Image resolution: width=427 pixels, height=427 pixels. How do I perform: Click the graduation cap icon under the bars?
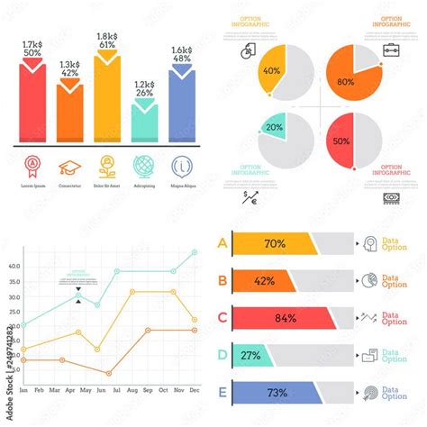[x=69, y=168]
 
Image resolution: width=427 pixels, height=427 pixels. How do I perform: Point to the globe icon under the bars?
[x=144, y=167]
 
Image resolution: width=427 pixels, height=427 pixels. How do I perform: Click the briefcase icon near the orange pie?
[x=392, y=49]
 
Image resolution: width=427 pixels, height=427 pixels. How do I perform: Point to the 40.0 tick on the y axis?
[x=14, y=267]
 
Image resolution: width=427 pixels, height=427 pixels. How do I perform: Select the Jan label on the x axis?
[x=23, y=390]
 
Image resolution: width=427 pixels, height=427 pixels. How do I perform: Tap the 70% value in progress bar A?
[x=275, y=242]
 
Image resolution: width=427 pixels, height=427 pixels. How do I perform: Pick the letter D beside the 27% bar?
[x=223, y=355]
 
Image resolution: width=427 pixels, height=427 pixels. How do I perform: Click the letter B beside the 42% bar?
[x=223, y=280]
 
